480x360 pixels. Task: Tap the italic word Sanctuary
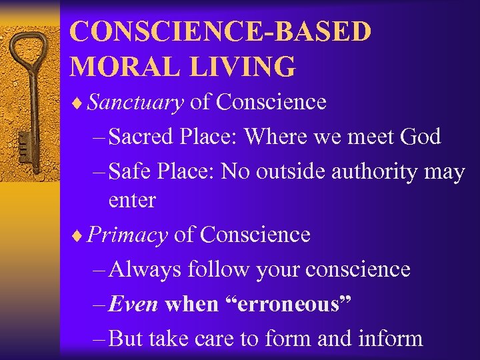pyautogui.click(x=135, y=102)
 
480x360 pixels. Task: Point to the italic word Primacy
pyautogui.click(x=127, y=235)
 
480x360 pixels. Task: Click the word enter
pyautogui.click(x=132, y=200)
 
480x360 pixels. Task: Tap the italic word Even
pyautogui.click(x=133, y=304)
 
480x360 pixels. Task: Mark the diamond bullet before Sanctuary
pyautogui.click(x=81, y=103)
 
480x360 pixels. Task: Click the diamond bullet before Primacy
pyautogui.click(x=81, y=235)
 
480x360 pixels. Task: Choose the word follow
pyautogui.click(x=211, y=270)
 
